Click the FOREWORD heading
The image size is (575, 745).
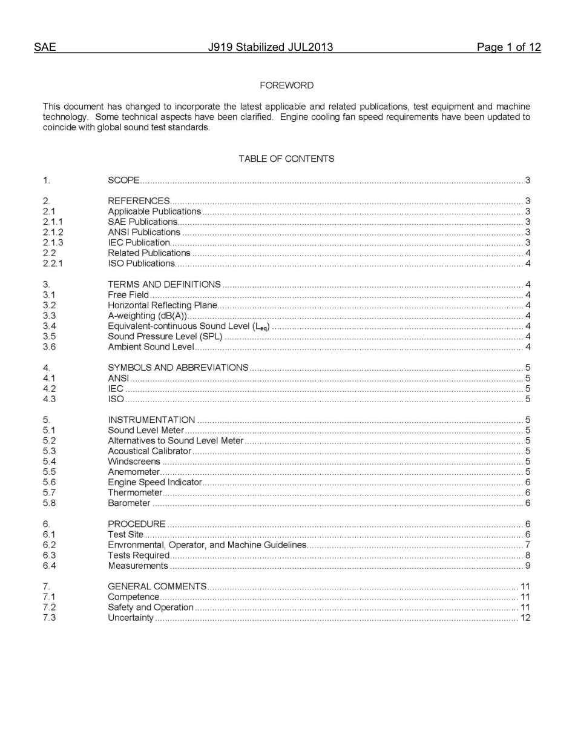point(286,85)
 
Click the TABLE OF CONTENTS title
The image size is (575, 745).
point(286,159)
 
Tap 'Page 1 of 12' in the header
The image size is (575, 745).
point(508,47)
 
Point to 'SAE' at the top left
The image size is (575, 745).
point(45,47)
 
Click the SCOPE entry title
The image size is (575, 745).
point(123,180)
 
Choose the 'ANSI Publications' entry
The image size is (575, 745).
point(144,232)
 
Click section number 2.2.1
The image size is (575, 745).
point(53,263)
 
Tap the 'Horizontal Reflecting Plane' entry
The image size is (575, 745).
point(162,305)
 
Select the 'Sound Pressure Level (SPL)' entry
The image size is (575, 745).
point(165,337)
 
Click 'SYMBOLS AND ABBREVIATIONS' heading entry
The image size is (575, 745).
point(178,368)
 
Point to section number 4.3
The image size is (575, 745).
point(49,399)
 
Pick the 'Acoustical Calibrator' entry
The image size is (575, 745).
point(149,451)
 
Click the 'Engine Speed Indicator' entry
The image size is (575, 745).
point(154,483)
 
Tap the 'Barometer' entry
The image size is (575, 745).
point(129,503)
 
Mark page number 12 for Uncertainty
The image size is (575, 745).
point(525,618)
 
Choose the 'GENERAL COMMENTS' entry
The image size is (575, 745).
point(157,586)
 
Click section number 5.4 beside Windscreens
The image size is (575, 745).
point(49,462)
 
